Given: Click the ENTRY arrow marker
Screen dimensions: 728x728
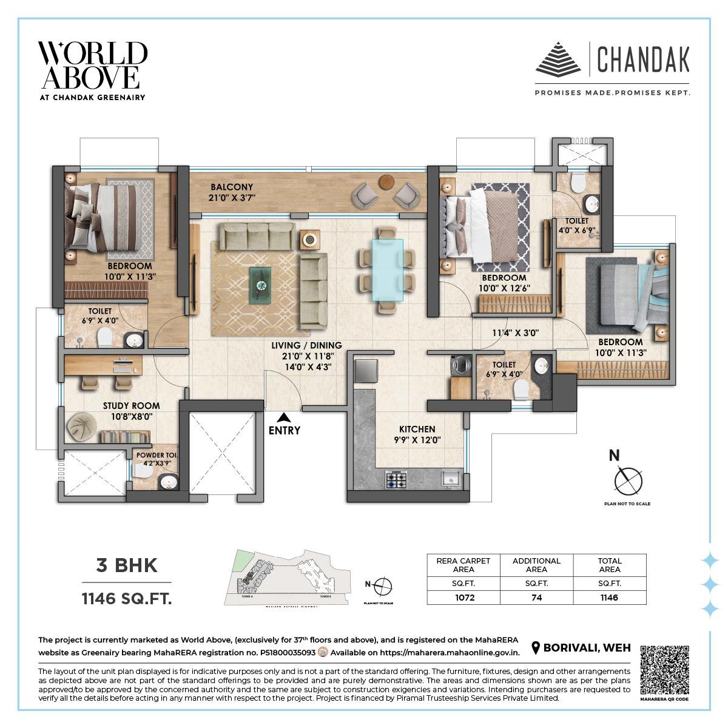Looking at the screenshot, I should (283, 417).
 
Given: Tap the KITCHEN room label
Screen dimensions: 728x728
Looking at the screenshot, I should (417, 430).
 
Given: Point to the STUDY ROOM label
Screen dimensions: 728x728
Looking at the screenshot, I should (131, 406).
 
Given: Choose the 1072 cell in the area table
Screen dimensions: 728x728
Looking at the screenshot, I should (463, 598).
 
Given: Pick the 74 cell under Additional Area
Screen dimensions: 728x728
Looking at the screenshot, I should (536, 598).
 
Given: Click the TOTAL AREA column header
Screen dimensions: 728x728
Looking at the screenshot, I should (609, 565).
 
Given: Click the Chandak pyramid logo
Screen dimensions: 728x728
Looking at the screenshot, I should (558, 59).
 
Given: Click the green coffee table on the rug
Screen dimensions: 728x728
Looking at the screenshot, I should (261, 284).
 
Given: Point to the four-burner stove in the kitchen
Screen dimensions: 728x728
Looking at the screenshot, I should (397, 480).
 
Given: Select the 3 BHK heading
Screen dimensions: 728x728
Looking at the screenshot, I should (127, 565).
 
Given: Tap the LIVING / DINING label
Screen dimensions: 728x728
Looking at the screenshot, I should (306, 345).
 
